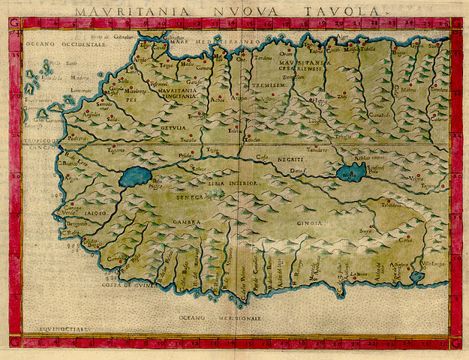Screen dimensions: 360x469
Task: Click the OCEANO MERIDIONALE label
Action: click(223, 318)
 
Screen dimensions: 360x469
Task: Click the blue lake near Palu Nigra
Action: click(134, 177)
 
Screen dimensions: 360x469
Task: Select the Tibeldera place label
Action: click(391, 205)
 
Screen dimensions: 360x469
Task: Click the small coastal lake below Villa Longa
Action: click(416, 277)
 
